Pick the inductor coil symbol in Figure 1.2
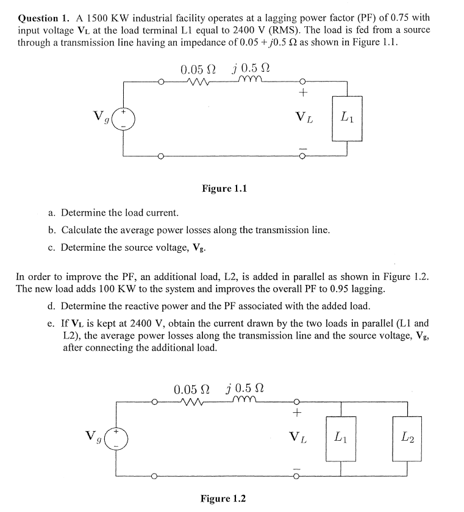coord(245,401)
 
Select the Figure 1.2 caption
coord(223,499)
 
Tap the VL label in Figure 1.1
coord(304,116)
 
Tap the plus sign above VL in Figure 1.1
coord(303,93)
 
